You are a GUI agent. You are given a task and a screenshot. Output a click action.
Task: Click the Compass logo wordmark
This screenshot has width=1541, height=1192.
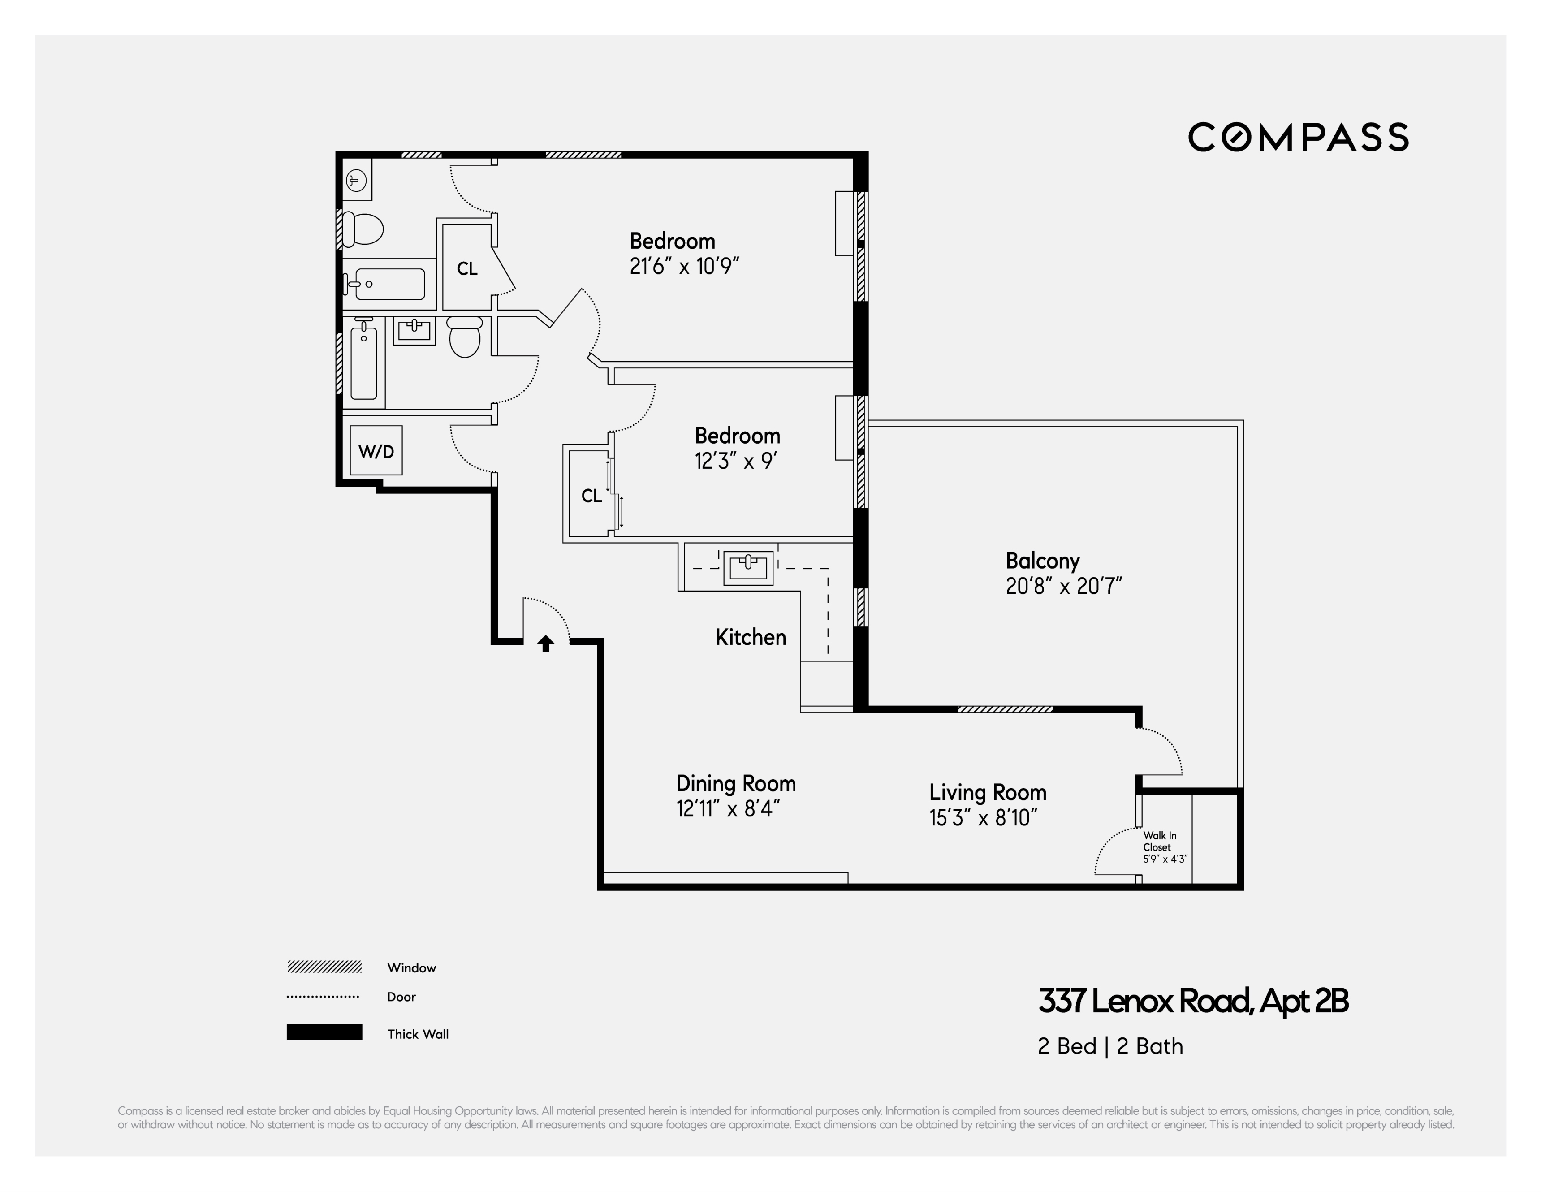1298,137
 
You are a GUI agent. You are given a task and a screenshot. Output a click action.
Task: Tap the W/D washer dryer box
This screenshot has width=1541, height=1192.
376,451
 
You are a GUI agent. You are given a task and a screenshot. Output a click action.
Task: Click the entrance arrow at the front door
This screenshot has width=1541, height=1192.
545,643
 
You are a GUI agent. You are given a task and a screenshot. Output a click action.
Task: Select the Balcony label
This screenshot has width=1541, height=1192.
1042,561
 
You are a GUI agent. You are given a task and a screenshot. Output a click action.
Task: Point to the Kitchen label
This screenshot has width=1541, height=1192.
750,637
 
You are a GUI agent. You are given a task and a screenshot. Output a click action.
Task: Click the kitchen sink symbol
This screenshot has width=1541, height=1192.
748,567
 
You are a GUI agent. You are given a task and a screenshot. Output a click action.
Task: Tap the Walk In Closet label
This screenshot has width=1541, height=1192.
1160,841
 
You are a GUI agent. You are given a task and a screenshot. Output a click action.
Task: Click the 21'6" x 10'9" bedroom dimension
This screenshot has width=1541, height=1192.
684,267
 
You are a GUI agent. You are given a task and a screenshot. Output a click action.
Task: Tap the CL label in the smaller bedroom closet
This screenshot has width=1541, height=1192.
591,496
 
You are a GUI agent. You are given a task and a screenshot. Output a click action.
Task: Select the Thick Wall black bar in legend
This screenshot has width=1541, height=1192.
324,1032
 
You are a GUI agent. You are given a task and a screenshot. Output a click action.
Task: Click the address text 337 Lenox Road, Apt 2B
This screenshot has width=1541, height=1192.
1192,1001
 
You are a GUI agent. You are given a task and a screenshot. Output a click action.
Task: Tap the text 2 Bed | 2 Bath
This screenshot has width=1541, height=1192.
1110,1046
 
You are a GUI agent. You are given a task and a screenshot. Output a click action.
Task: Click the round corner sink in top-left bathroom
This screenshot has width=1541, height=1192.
356,181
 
